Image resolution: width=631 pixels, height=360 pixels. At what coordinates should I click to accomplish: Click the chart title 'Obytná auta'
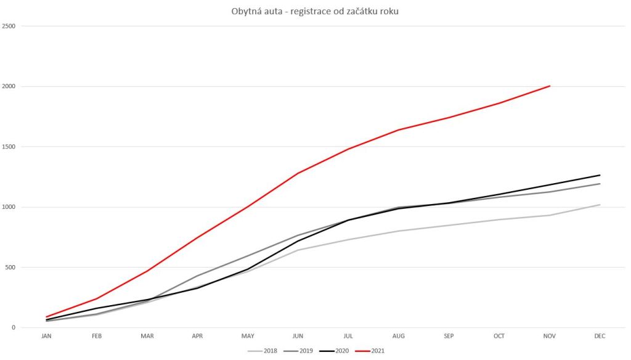click(315, 12)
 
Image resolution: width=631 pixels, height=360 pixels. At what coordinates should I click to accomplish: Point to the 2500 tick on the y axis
click(9, 27)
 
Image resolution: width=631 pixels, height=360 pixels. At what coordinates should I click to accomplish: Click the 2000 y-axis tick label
click(9, 87)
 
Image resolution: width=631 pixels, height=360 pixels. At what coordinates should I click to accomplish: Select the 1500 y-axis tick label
click(9, 147)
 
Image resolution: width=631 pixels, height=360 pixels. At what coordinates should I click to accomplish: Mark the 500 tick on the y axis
click(10, 268)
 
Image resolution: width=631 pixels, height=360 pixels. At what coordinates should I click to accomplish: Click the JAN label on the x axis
click(46, 336)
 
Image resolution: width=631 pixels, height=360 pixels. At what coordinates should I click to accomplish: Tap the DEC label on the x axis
click(600, 336)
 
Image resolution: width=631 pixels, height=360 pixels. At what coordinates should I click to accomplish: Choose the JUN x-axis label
click(298, 336)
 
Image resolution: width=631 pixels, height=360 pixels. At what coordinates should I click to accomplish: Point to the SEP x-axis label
click(449, 336)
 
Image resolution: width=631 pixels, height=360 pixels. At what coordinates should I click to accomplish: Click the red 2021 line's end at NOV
click(550, 86)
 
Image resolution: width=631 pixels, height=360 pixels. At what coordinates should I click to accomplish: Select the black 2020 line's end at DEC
click(600, 175)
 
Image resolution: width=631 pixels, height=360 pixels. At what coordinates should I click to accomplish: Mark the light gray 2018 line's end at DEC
click(600, 205)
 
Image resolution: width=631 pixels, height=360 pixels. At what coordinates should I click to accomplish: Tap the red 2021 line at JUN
click(298, 173)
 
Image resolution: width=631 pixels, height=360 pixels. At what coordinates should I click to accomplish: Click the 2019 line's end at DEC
click(600, 184)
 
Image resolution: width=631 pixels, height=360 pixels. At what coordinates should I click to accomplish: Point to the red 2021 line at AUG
click(399, 130)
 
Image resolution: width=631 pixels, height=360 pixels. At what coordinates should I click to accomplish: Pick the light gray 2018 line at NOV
click(550, 215)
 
